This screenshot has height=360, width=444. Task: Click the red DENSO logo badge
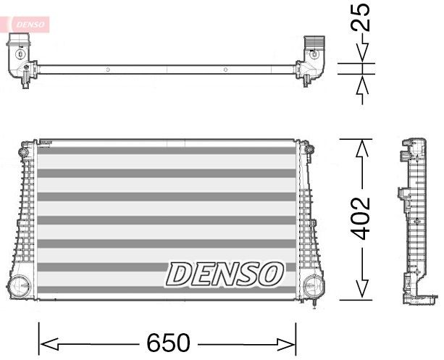(x=28, y=25)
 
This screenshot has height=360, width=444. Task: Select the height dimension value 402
(x=362, y=218)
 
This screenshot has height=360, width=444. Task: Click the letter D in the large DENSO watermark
(x=180, y=274)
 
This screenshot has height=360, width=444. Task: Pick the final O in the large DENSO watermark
(x=269, y=274)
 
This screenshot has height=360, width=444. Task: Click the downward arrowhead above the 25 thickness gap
(x=362, y=54)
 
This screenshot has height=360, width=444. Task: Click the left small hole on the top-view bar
(x=107, y=70)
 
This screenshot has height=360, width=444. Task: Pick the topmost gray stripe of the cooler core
(x=167, y=152)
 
